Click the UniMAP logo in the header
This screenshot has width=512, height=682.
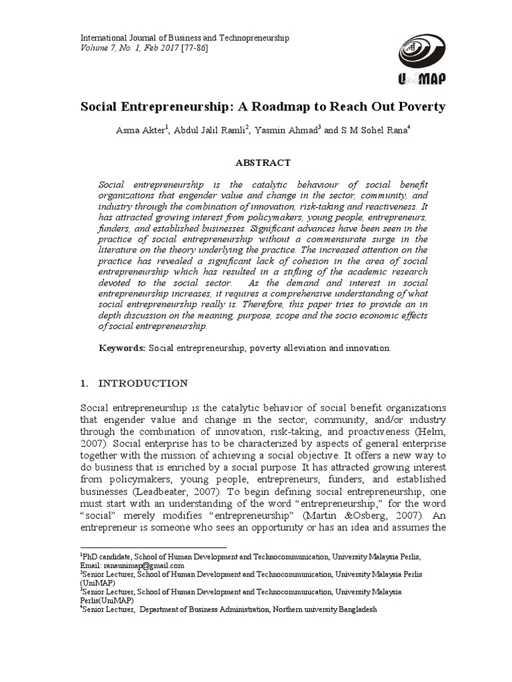point(421,59)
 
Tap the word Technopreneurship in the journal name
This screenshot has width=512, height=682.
point(251,39)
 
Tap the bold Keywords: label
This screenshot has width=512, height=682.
point(122,348)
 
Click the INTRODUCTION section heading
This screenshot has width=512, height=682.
point(143,384)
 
